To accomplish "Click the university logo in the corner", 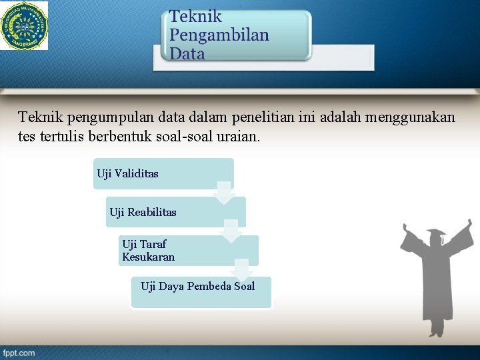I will click(24, 26).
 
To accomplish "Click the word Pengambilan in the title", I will click(219, 35).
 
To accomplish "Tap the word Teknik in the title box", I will click(195, 17).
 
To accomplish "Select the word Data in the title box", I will click(187, 54).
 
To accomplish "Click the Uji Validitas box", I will click(163, 174).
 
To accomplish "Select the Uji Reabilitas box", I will click(175, 212).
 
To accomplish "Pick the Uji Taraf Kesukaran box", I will click(187, 251).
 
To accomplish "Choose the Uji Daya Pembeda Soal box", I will click(200, 292).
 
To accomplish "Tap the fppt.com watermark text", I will click(19, 353).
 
